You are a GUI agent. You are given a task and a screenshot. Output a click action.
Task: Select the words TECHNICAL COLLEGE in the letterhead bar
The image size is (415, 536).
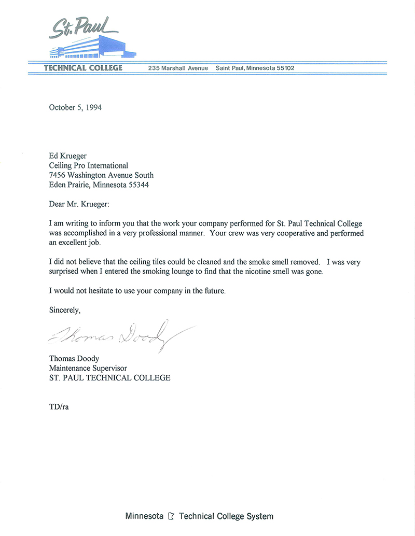pyautogui.click(x=83, y=68)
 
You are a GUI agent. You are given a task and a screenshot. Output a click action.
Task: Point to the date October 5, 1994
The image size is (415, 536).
pyautogui.click(x=75, y=108)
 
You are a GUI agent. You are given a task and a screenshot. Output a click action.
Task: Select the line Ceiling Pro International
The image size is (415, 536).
pyautogui.click(x=88, y=165)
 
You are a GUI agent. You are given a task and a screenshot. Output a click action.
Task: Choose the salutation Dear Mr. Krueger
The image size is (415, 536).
pyautogui.click(x=79, y=204)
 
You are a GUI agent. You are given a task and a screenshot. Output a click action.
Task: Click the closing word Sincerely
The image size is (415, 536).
pyautogui.click(x=65, y=311)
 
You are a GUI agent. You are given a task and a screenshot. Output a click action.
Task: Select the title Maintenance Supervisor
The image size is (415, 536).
pyautogui.click(x=88, y=368)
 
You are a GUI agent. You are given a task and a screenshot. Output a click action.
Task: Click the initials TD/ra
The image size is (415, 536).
pyautogui.click(x=59, y=406)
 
